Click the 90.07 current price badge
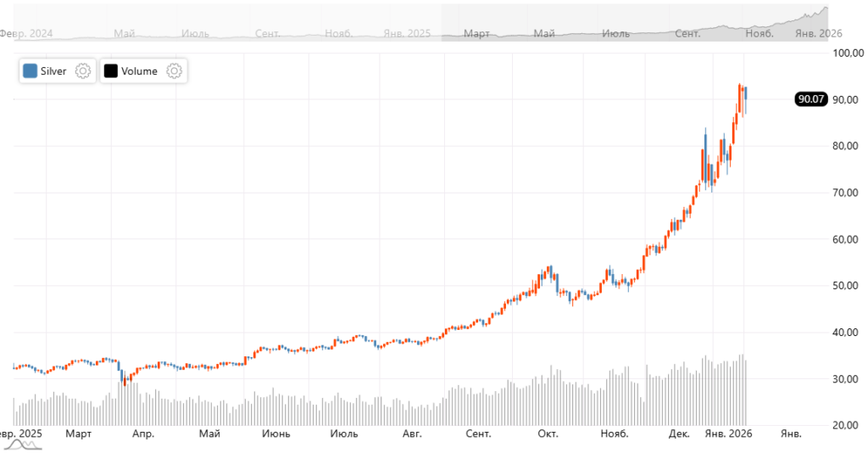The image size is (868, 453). (810, 99)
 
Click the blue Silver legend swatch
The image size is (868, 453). (31, 71)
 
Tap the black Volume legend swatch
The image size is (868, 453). (110, 71)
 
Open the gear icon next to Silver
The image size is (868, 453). (83, 71)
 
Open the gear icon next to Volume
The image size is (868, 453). (174, 71)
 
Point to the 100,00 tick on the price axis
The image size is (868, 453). (847, 53)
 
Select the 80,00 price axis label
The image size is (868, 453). (847, 146)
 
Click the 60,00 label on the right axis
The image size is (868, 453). (847, 239)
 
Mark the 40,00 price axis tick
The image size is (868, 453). (847, 333)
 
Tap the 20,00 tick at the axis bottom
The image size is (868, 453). (847, 425)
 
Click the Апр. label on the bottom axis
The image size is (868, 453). (143, 434)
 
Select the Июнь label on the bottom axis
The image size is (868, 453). (276, 434)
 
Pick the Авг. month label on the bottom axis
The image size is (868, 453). (411, 434)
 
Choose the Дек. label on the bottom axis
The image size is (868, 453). (679, 434)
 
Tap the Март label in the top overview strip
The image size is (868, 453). (477, 34)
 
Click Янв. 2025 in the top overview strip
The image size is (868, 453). (407, 34)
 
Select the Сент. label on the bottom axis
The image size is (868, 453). (478, 434)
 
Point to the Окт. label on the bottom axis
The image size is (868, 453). (547, 434)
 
